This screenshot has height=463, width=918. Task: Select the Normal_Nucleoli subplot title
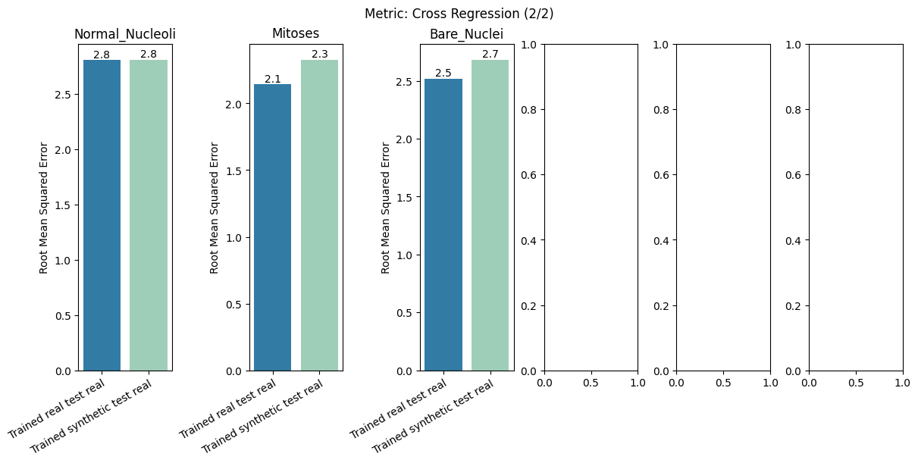[125, 34]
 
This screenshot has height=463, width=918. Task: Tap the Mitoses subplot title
[296, 34]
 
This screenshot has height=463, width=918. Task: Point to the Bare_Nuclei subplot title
[466, 34]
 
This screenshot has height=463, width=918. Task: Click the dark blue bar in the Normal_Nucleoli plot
[102, 216]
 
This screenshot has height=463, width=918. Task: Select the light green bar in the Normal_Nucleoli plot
[149, 216]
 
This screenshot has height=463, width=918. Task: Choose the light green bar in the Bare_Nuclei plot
[490, 216]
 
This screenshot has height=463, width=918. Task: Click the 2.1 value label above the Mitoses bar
[273, 80]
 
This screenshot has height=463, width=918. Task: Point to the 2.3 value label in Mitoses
[320, 55]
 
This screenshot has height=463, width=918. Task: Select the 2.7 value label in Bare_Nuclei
[490, 55]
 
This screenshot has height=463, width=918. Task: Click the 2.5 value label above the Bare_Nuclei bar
[443, 74]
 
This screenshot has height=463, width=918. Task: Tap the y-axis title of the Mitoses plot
[215, 208]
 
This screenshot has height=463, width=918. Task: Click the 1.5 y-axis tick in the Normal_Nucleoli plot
[62, 205]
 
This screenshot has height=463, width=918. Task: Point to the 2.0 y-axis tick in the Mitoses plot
[233, 105]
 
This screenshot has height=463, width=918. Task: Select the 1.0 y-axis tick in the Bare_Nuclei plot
[403, 255]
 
